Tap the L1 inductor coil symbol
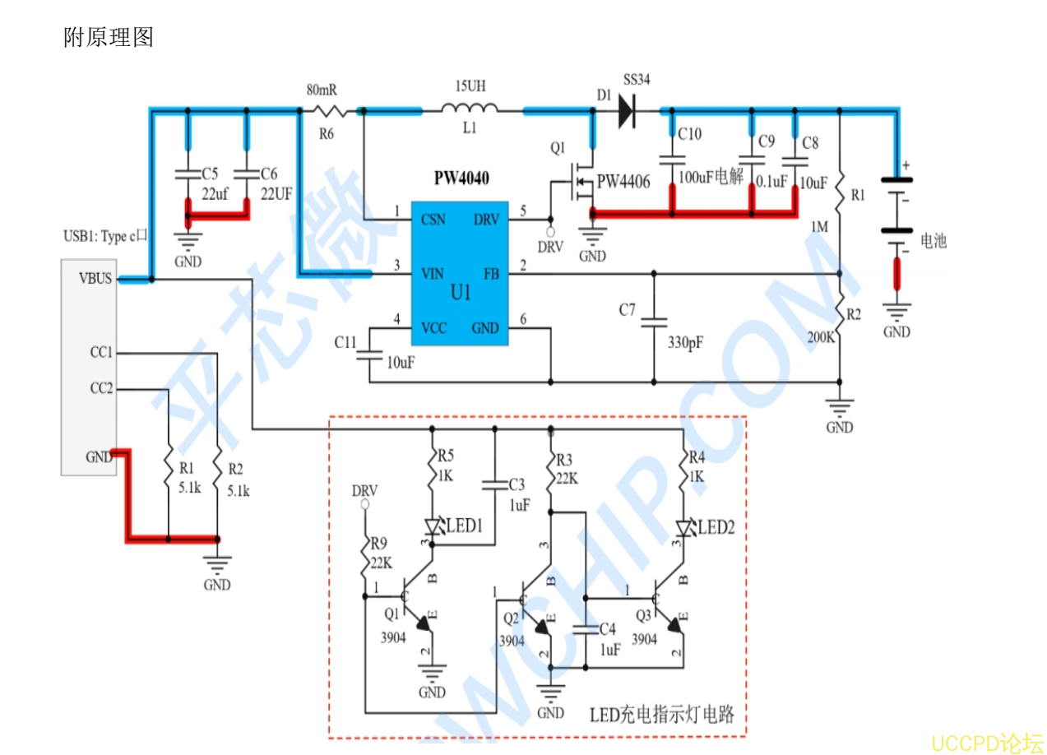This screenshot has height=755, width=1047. click(x=469, y=109)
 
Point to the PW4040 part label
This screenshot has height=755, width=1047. click(x=461, y=178)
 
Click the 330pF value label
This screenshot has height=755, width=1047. click(x=684, y=341)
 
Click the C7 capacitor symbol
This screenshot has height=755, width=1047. click(x=654, y=322)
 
